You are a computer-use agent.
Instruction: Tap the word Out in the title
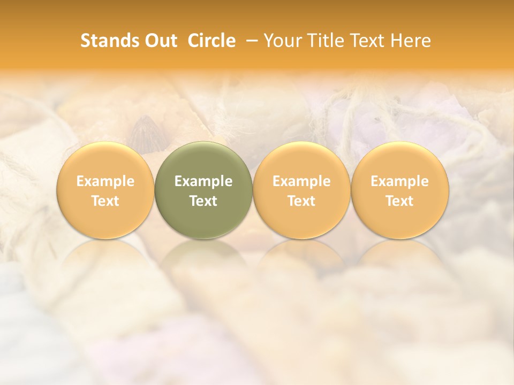point(160,41)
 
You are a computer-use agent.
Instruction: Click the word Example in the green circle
point(203,181)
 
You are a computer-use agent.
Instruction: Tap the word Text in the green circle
point(203,201)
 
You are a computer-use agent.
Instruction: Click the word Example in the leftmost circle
point(105,181)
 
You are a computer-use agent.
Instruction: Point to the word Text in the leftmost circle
point(105,201)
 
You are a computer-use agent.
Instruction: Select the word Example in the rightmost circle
point(400,181)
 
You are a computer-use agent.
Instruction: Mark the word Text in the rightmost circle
point(400,201)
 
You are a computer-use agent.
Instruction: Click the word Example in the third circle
point(301,181)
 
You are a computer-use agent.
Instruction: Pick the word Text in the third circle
point(301,201)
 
